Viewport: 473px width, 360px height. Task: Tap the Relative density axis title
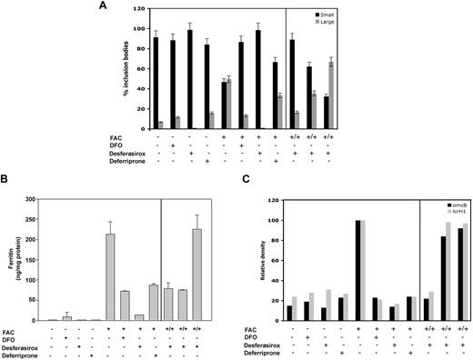253,259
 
